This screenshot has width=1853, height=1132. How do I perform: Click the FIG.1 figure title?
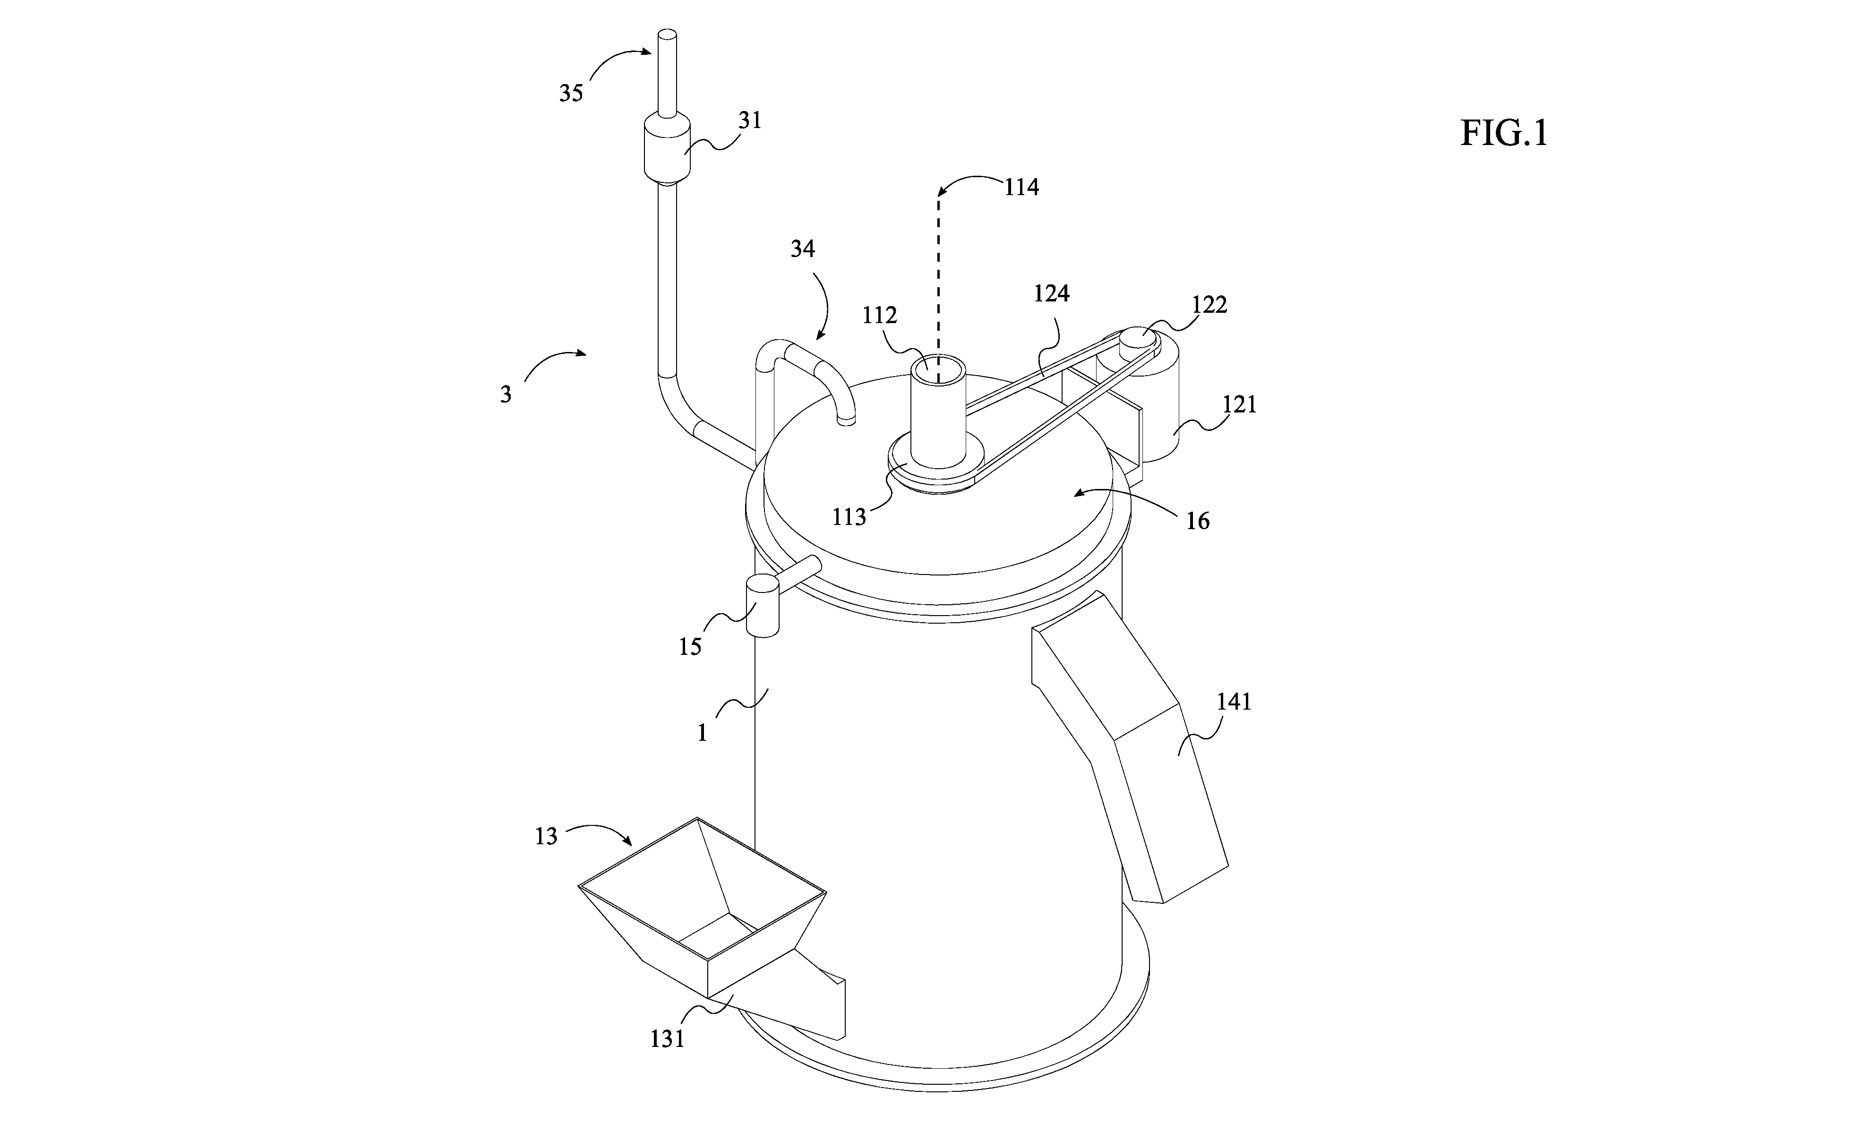(x=1504, y=134)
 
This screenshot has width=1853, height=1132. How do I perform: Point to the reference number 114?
(x=1021, y=187)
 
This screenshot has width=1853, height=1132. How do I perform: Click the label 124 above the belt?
(x=1051, y=293)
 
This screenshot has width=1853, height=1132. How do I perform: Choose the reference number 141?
(x=1234, y=702)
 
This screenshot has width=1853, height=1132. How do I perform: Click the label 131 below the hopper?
(x=667, y=1039)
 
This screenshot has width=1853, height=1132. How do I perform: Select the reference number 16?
(x=1198, y=521)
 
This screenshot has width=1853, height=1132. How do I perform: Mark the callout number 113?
(x=850, y=517)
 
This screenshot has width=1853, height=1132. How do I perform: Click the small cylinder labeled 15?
(x=762, y=606)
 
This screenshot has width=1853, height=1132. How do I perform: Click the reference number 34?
(x=802, y=248)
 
